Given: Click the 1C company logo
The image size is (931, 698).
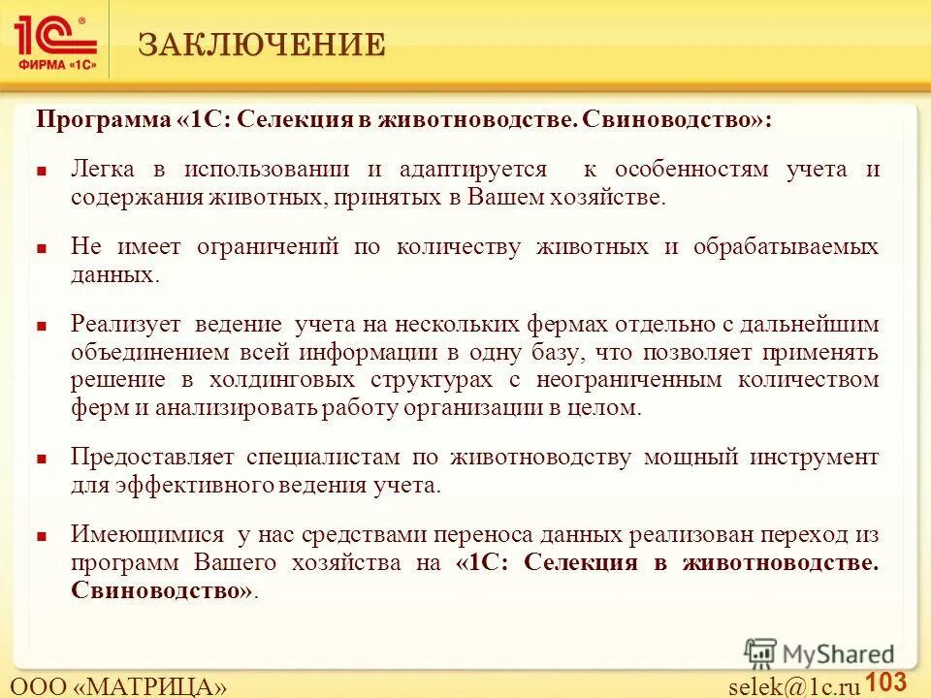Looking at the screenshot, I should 55,41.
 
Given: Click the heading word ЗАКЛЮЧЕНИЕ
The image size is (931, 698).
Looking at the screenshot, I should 262,45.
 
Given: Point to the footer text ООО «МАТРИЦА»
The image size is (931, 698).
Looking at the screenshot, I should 118,686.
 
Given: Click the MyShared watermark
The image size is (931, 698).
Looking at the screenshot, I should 819,653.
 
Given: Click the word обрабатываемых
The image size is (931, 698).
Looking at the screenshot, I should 787,246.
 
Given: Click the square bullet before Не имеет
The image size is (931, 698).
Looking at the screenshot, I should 43,248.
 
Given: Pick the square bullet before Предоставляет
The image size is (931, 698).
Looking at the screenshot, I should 43,459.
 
